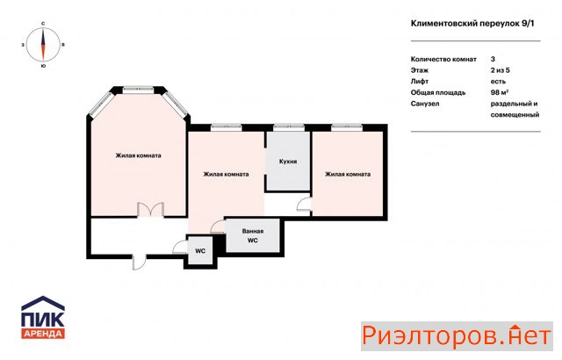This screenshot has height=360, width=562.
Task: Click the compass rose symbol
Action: point(43,45)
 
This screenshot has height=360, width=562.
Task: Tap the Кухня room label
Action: point(288,162)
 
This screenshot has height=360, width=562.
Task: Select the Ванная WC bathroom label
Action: point(253,235)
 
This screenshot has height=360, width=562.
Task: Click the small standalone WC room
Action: point(200,251)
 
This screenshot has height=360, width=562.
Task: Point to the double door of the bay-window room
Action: point(151,210)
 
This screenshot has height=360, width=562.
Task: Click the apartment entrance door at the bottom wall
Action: point(139,262)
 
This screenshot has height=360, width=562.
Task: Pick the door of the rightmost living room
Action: point(304,205)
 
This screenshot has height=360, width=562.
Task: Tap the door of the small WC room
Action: point(180,247)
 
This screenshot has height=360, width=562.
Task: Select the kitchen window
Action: point(289,126)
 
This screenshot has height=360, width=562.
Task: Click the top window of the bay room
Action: point(139,89)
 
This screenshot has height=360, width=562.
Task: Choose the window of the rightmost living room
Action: point(347,126)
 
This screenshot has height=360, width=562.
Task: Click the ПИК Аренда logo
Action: point(43,317)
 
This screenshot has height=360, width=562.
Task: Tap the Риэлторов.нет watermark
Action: point(457,336)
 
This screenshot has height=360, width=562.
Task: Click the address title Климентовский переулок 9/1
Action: point(472,24)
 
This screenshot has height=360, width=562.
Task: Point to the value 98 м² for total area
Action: point(500,92)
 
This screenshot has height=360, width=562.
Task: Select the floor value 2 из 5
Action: point(500,70)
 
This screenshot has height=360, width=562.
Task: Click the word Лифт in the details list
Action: point(420,82)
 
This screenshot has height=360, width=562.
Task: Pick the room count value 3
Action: point(493,59)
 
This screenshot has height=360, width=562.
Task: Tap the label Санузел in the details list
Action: point(425,104)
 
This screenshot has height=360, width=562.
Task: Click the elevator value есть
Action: point(498,82)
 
